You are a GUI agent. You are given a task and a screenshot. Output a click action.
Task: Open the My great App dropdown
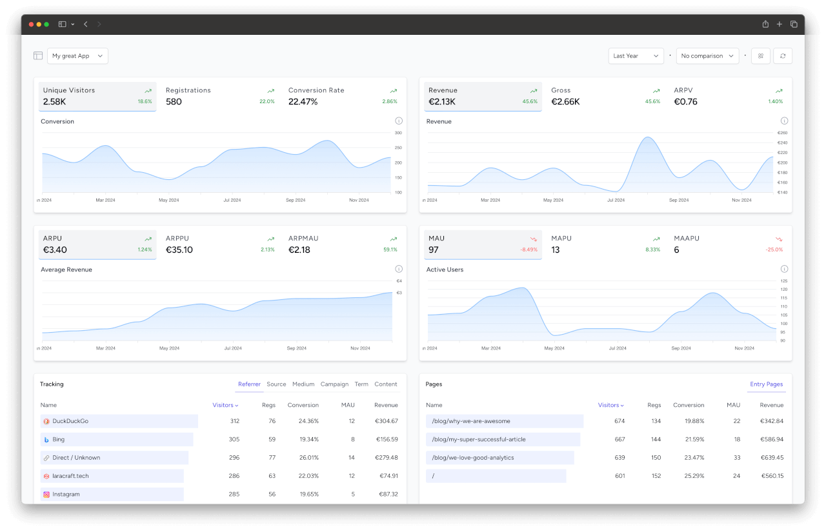77,56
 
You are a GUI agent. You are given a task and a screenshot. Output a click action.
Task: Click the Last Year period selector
636,56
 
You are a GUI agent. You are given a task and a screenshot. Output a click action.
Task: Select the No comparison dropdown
707,56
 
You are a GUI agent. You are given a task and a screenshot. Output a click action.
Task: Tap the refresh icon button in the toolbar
782,56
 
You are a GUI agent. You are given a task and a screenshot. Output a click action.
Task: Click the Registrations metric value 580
174,102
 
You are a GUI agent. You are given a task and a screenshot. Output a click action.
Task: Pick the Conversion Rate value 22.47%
303,102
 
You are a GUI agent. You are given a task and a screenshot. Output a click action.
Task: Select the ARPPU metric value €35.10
179,250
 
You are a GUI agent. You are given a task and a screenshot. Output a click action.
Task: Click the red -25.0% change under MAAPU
774,250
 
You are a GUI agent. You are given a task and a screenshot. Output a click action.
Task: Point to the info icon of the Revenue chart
784,121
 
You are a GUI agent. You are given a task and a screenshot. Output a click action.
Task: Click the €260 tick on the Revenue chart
781,133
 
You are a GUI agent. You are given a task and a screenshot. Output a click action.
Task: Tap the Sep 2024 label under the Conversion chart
296,200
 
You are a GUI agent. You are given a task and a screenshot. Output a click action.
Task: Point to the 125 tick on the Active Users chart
783,281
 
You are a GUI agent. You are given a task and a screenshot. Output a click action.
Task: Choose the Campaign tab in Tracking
334,384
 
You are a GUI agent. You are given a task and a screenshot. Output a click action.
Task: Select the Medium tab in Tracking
303,384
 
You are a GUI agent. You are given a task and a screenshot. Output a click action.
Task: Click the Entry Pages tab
766,384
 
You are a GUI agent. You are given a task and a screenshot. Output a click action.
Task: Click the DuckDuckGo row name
70,421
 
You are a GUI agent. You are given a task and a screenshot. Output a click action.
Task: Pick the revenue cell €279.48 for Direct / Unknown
386,458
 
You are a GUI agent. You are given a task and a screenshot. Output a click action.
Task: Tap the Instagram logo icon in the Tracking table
46,495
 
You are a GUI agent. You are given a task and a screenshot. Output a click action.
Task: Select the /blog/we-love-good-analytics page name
472,458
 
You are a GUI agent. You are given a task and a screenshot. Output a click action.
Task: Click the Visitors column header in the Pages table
610,405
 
